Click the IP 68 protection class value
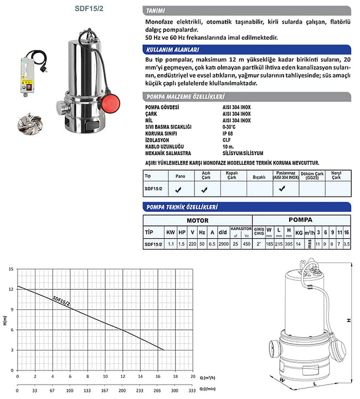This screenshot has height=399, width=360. click(228, 132)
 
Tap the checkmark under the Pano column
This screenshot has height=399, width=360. click(178, 190)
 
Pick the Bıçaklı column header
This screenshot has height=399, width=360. click(259, 178)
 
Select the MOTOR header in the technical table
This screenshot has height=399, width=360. click(197, 220)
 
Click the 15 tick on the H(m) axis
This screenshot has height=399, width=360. click(11, 269)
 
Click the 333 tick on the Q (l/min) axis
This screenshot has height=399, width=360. click(192, 388)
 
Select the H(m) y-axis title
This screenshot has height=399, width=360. click(4, 320)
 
